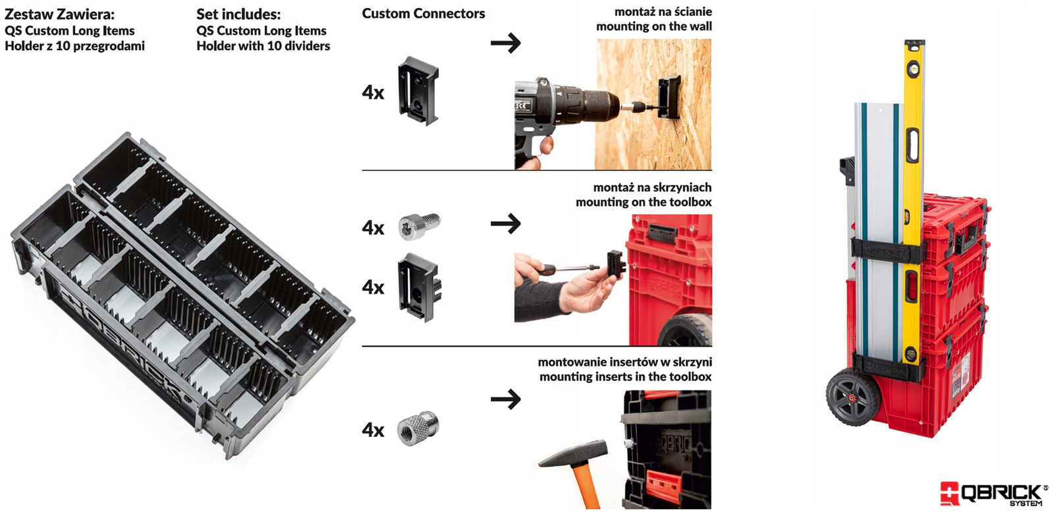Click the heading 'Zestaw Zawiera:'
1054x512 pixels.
click(59, 14)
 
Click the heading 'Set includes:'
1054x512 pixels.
click(238, 14)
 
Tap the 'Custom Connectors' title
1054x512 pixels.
click(423, 13)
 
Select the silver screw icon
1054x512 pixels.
click(419, 226)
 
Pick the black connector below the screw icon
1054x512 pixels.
click(419, 287)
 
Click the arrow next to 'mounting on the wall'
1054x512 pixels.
click(505, 43)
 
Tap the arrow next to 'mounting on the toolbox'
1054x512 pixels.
click(505, 224)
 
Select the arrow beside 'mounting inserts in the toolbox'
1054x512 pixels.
click(505, 399)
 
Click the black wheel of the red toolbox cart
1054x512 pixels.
click(849, 397)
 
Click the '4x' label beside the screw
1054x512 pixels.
click(373, 228)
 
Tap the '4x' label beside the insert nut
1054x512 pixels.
click(373, 430)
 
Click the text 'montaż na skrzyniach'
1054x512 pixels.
click(652, 188)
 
